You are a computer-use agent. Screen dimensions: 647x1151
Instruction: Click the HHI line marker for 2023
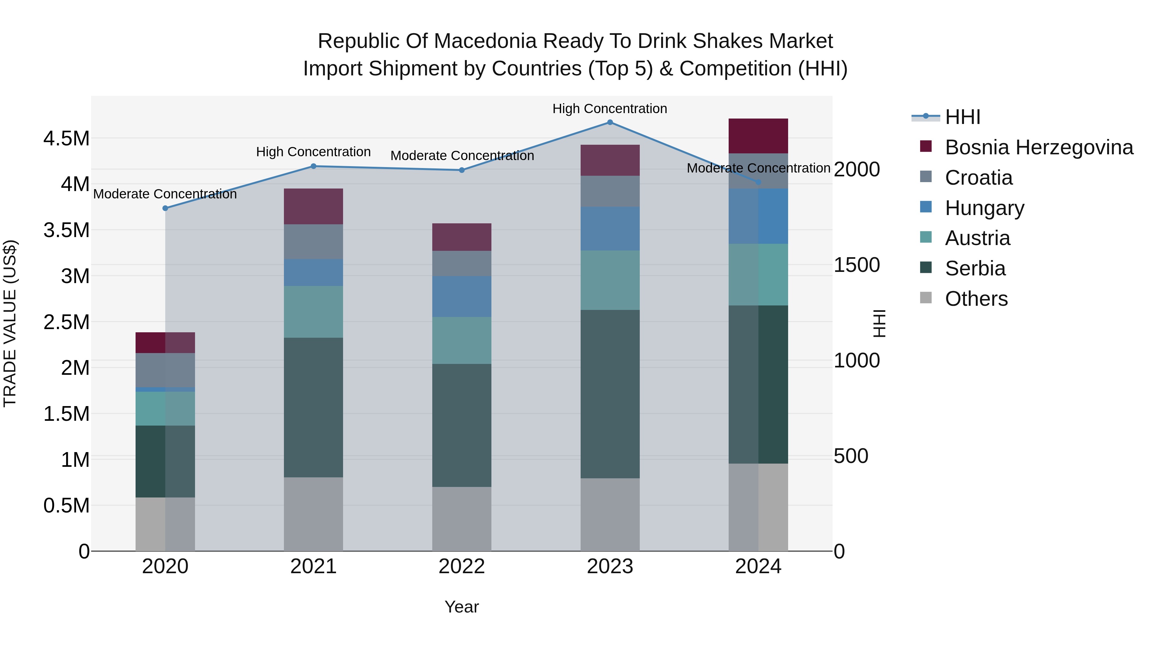click(610, 122)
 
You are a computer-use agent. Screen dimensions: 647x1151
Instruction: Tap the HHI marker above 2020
click(165, 208)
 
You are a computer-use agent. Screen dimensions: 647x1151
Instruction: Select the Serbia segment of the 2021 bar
click(313, 407)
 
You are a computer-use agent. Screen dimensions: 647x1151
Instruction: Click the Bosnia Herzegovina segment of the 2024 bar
click(758, 136)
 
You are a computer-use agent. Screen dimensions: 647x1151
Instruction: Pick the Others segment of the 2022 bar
click(462, 519)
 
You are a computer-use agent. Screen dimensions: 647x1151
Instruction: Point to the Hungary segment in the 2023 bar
click(610, 229)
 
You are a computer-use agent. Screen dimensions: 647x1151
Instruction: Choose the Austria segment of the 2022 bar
click(462, 340)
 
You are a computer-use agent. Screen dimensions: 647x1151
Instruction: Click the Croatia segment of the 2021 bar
click(313, 242)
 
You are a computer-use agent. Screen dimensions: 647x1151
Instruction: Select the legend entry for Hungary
click(984, 208)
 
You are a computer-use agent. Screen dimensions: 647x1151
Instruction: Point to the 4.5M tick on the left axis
click(67, 138)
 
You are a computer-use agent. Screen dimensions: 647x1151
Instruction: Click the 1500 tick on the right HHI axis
click(857, 265)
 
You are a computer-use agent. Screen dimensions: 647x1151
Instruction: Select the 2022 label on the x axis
click(462, 566)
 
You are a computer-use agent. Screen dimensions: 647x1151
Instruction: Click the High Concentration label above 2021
click(313, 152)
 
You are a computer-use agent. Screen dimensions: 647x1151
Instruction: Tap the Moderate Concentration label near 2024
click(758, 168)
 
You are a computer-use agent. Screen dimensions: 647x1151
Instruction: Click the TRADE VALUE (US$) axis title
click(10, 323)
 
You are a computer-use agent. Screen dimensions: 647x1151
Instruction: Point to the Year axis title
click(462, 607)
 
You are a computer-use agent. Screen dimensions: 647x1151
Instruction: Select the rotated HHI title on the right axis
click(879, 323)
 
